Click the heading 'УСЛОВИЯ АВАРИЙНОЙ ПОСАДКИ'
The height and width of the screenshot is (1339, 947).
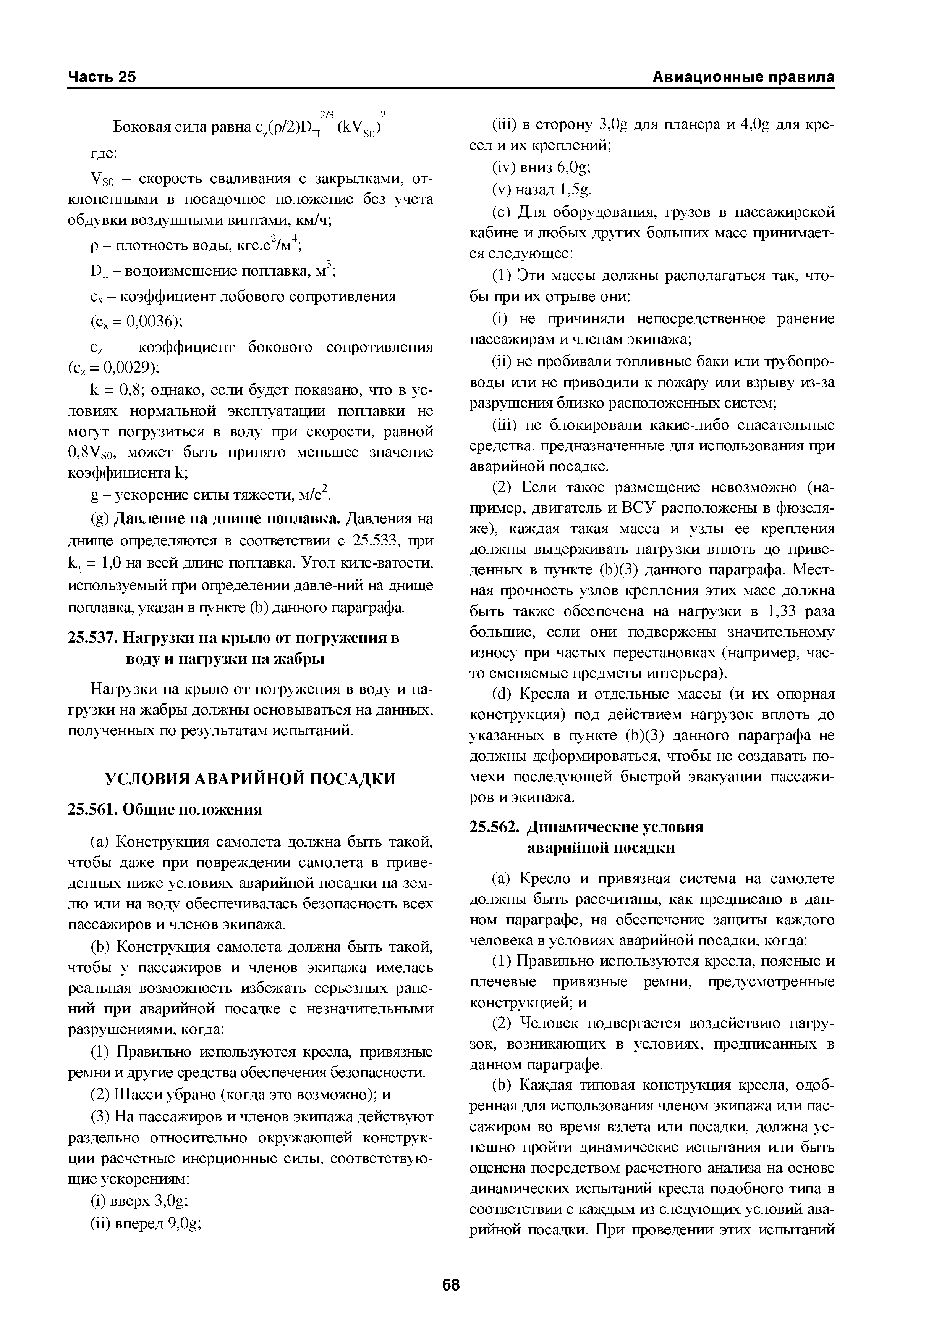tap(250, 779)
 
